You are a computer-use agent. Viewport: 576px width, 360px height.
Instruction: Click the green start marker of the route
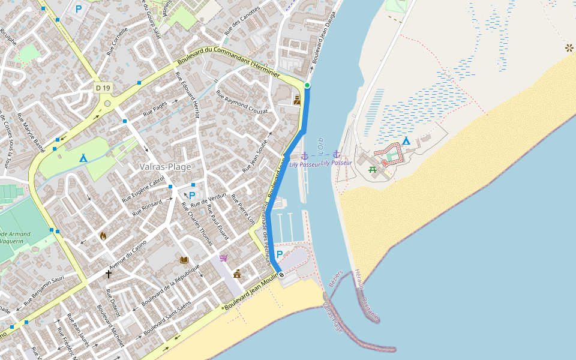click(x=307, y=85)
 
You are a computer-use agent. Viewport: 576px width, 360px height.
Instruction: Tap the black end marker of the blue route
click(x=281, y=275)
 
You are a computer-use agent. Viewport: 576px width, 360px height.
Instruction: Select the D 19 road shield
click(x=103, y=88)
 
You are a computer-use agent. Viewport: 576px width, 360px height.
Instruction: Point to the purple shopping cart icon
click(x=224, y=258)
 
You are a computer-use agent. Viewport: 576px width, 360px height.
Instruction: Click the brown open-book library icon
click(x=184, y=260)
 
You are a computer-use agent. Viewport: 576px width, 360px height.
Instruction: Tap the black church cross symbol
click(x=109, y=274)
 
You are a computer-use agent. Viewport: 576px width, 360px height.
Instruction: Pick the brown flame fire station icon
click(x=103, y=236)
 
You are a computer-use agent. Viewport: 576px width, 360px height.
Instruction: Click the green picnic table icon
click(x=373, y=170)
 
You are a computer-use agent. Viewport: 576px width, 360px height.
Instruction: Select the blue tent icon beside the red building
click(x=406, y=141)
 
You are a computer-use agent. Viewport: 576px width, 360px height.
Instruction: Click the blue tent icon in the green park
click(x=83, y=158)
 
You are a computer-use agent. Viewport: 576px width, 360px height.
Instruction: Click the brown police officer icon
click(x=297, y=100)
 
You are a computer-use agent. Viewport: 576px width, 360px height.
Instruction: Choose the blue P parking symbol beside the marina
click(x=280, y=254)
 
